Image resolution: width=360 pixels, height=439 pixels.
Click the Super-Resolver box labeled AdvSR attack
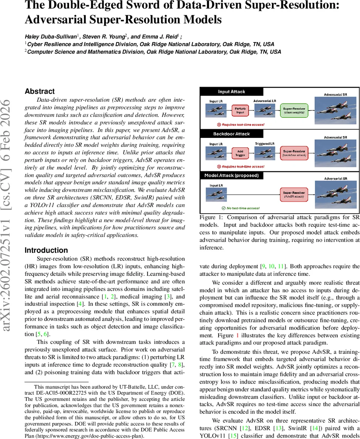pos(294,194)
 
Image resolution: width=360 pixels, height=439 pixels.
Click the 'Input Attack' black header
pos(231,91)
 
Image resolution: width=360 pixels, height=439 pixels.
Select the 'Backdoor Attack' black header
pos(231,134)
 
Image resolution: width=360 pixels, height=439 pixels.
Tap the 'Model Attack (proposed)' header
pos(231,175)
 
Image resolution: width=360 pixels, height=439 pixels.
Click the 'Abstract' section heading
pos(39,91)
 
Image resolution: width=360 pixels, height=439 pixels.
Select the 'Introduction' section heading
pos(46,250)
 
